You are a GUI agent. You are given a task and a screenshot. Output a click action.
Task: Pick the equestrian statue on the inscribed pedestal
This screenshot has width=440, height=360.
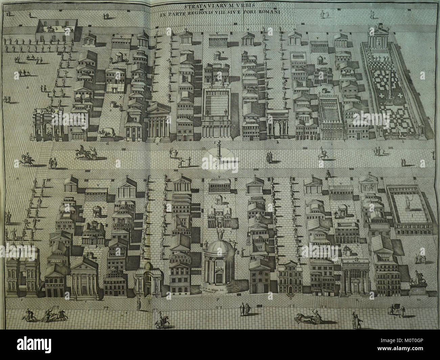(417, 284)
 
